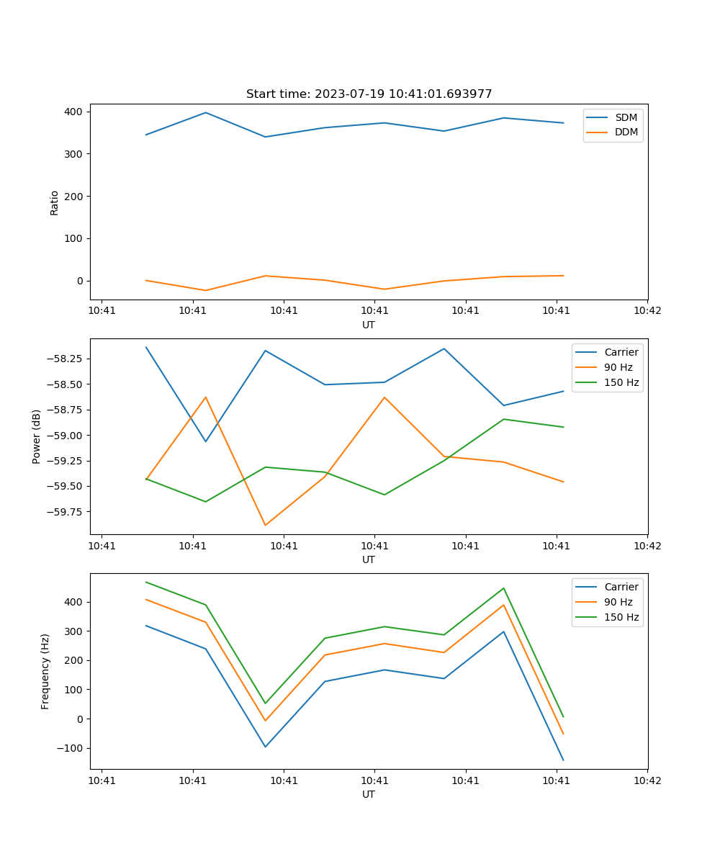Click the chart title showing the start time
click(x=369, y=94)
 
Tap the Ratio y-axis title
click(x=55, y=202)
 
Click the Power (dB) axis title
click(x=37, y=436)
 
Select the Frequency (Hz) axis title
click(x=45, y=671)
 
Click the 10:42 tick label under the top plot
click(x=647, y=311)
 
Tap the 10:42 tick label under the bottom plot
click(x=647, y=780)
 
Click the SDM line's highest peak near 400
click(x=206, y=112)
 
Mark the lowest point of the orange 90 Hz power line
click(x=265, y=525)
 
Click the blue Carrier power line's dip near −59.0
click(x=206, y=441)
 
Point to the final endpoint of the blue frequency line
click(x=563, y=760)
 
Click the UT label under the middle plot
click(x=369, y=559)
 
